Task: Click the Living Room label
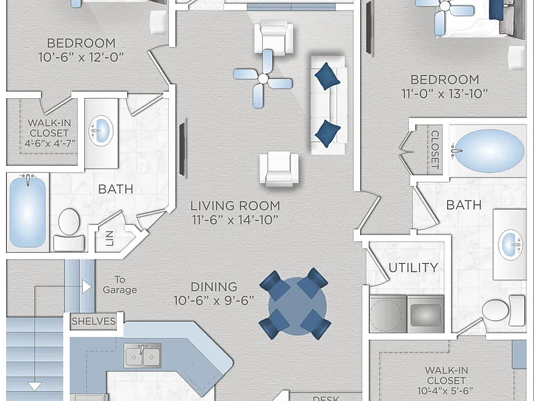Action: (x=235, y=206)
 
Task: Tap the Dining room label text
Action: (x=213, y=287)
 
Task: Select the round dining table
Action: (x=297, y=306)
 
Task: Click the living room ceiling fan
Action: (x=263, y=79)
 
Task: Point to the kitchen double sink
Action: (x=143, y=356)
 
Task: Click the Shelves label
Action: (x=94, y=321)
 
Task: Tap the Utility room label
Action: (x=413, y=267)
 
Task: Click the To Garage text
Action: (x=120, y=285)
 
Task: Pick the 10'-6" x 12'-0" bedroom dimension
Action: (x=81, y=57)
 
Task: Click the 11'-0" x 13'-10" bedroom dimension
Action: (x=445, y=94)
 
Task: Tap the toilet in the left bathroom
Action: (x=69, y=230)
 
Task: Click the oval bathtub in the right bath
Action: (x=489, y=150)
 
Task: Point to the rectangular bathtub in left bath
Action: (x=28, y=212)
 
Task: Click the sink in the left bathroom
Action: (x=101, y=130)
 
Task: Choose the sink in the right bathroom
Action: (x=510, y=244)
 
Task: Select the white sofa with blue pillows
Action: (x=328, y=105)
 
